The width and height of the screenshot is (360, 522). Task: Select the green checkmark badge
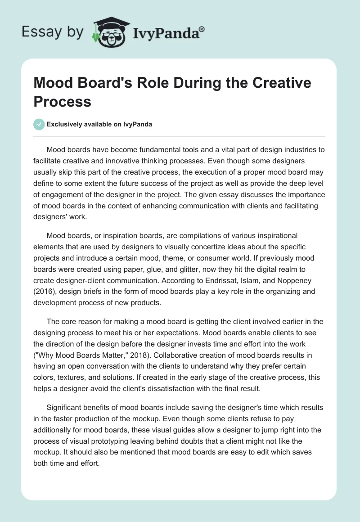pos(40,124)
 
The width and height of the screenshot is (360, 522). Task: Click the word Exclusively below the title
pos(67,124)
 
